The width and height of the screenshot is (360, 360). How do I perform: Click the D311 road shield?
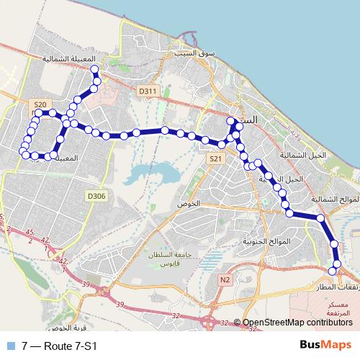[147, 91]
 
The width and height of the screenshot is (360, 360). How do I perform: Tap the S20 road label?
[40, 104]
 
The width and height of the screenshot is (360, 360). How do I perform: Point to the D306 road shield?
[96, 196]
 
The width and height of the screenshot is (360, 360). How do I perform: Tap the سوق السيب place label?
[189, 54]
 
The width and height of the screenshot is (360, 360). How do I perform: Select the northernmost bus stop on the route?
[94, 69]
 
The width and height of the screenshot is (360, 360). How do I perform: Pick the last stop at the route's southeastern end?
[332, 270]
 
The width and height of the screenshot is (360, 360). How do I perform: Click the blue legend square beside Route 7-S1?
[9, 346]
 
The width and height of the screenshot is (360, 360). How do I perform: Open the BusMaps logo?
[325, 345]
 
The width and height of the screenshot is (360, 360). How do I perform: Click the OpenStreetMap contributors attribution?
[297, 323]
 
